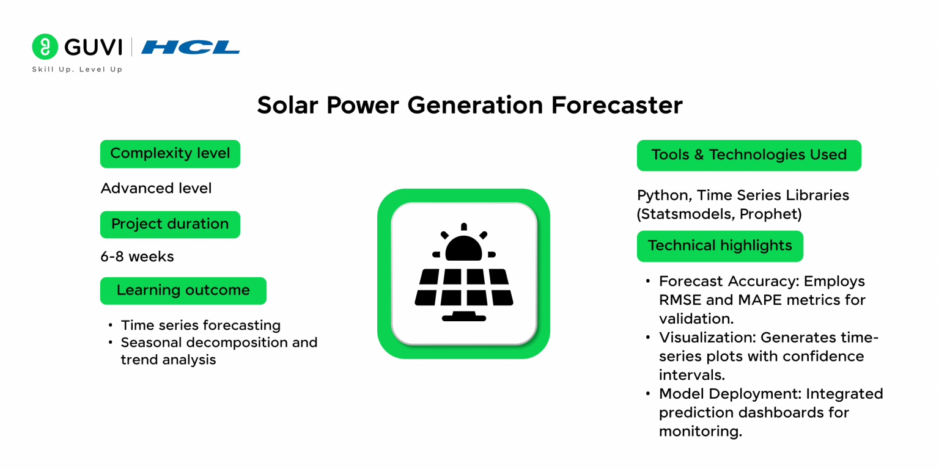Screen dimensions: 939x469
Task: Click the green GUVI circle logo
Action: (x=45, y=46)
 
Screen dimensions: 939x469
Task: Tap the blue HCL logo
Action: (x=190, y=47)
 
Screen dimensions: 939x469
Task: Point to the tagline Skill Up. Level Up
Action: (x=77, y=70)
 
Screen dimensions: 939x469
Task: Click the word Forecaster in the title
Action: (x=617, y=105)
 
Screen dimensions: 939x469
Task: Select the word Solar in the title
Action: (x=287, y=105)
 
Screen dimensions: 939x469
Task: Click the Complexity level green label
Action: (x=170, y=154)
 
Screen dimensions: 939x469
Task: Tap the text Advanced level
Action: (x=156, y=189)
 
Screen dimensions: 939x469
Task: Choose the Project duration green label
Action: (x=170, y=225)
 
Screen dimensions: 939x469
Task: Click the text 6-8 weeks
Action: (x=137, y=256)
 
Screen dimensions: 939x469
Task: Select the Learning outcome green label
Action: (x=183, y=291)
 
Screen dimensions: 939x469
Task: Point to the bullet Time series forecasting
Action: (x=201, y=325)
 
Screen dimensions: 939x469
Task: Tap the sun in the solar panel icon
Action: (x=463, y=245)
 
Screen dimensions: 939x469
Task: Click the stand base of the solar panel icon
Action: (x=464, y=317)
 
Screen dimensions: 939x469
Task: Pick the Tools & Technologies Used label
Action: (x=749, y=155)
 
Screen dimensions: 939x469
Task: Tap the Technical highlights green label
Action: (x=720, y=246)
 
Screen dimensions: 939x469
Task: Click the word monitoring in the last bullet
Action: (x=701, y=432)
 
